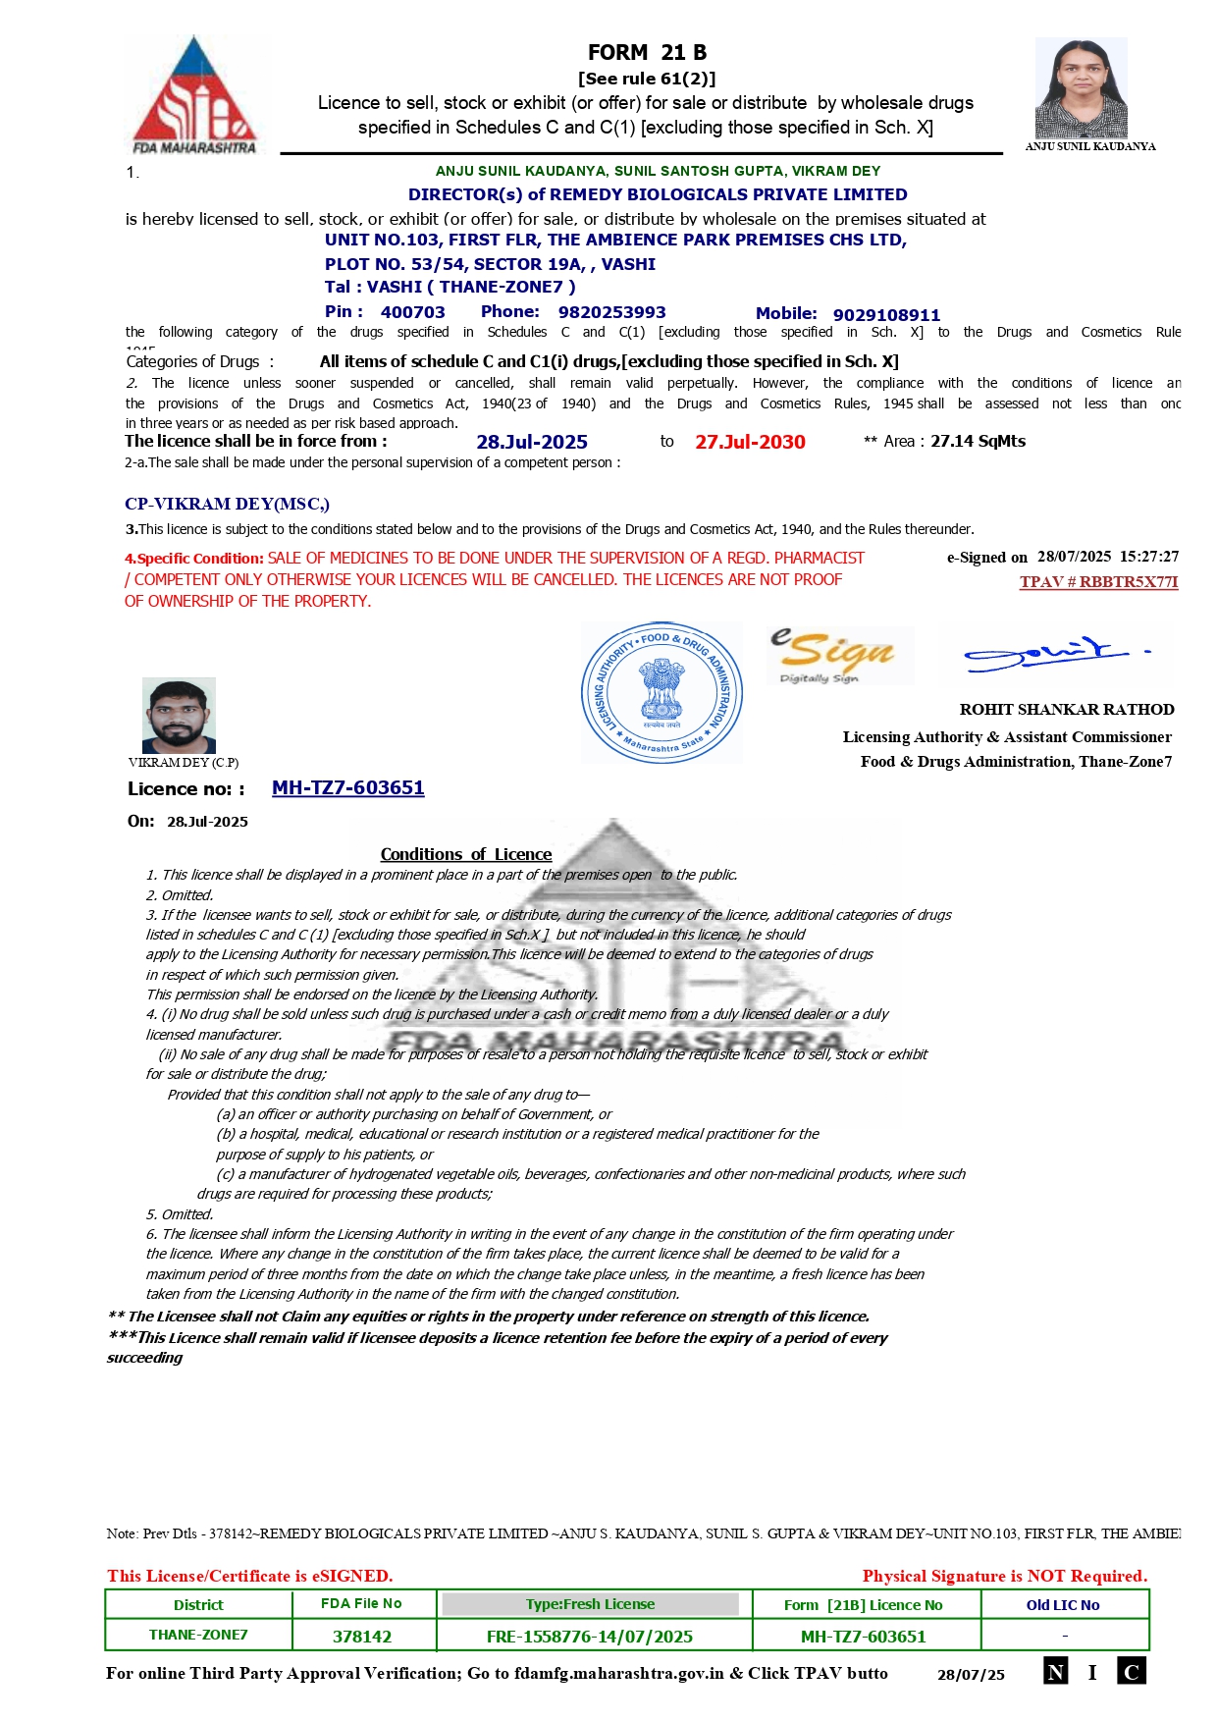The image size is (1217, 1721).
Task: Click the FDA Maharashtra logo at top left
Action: click(x=194, y=95)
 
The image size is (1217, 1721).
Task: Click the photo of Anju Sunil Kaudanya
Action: click(x=1081, y=87)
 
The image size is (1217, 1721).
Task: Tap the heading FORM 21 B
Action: click(x=647, y=53)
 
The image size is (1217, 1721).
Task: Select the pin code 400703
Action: click(x=412, y=312)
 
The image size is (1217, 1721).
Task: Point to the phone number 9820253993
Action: click(x=611, y=312)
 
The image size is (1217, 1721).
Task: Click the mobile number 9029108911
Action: click(x=886, y=315)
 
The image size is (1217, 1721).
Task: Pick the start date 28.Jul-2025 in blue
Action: click(x=532, y=443)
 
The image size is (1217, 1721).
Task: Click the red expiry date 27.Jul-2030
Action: click(x=750, y=443)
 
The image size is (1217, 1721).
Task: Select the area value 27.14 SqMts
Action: click(x=978, y=442)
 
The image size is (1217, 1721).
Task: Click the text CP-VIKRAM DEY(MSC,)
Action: click(x=227, y=505)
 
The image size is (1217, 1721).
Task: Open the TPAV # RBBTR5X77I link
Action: click(x=1098, y=582)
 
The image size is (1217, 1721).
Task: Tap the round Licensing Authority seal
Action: click(x=661, y=692)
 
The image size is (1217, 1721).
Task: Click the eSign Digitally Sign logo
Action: click(x=839, y=655)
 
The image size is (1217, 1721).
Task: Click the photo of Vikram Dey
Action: click(x=179, y=716)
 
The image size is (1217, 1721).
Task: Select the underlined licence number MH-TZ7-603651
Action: click(x=347, y=788)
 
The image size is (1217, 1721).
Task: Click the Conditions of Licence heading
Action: click(x=466, y=855)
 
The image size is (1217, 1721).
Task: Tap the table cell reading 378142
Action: click(x=362, y=1637)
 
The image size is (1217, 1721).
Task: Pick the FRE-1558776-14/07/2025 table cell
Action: click(x=590, y=1637)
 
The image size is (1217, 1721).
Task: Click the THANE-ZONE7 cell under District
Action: click(x=198, y=1636)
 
